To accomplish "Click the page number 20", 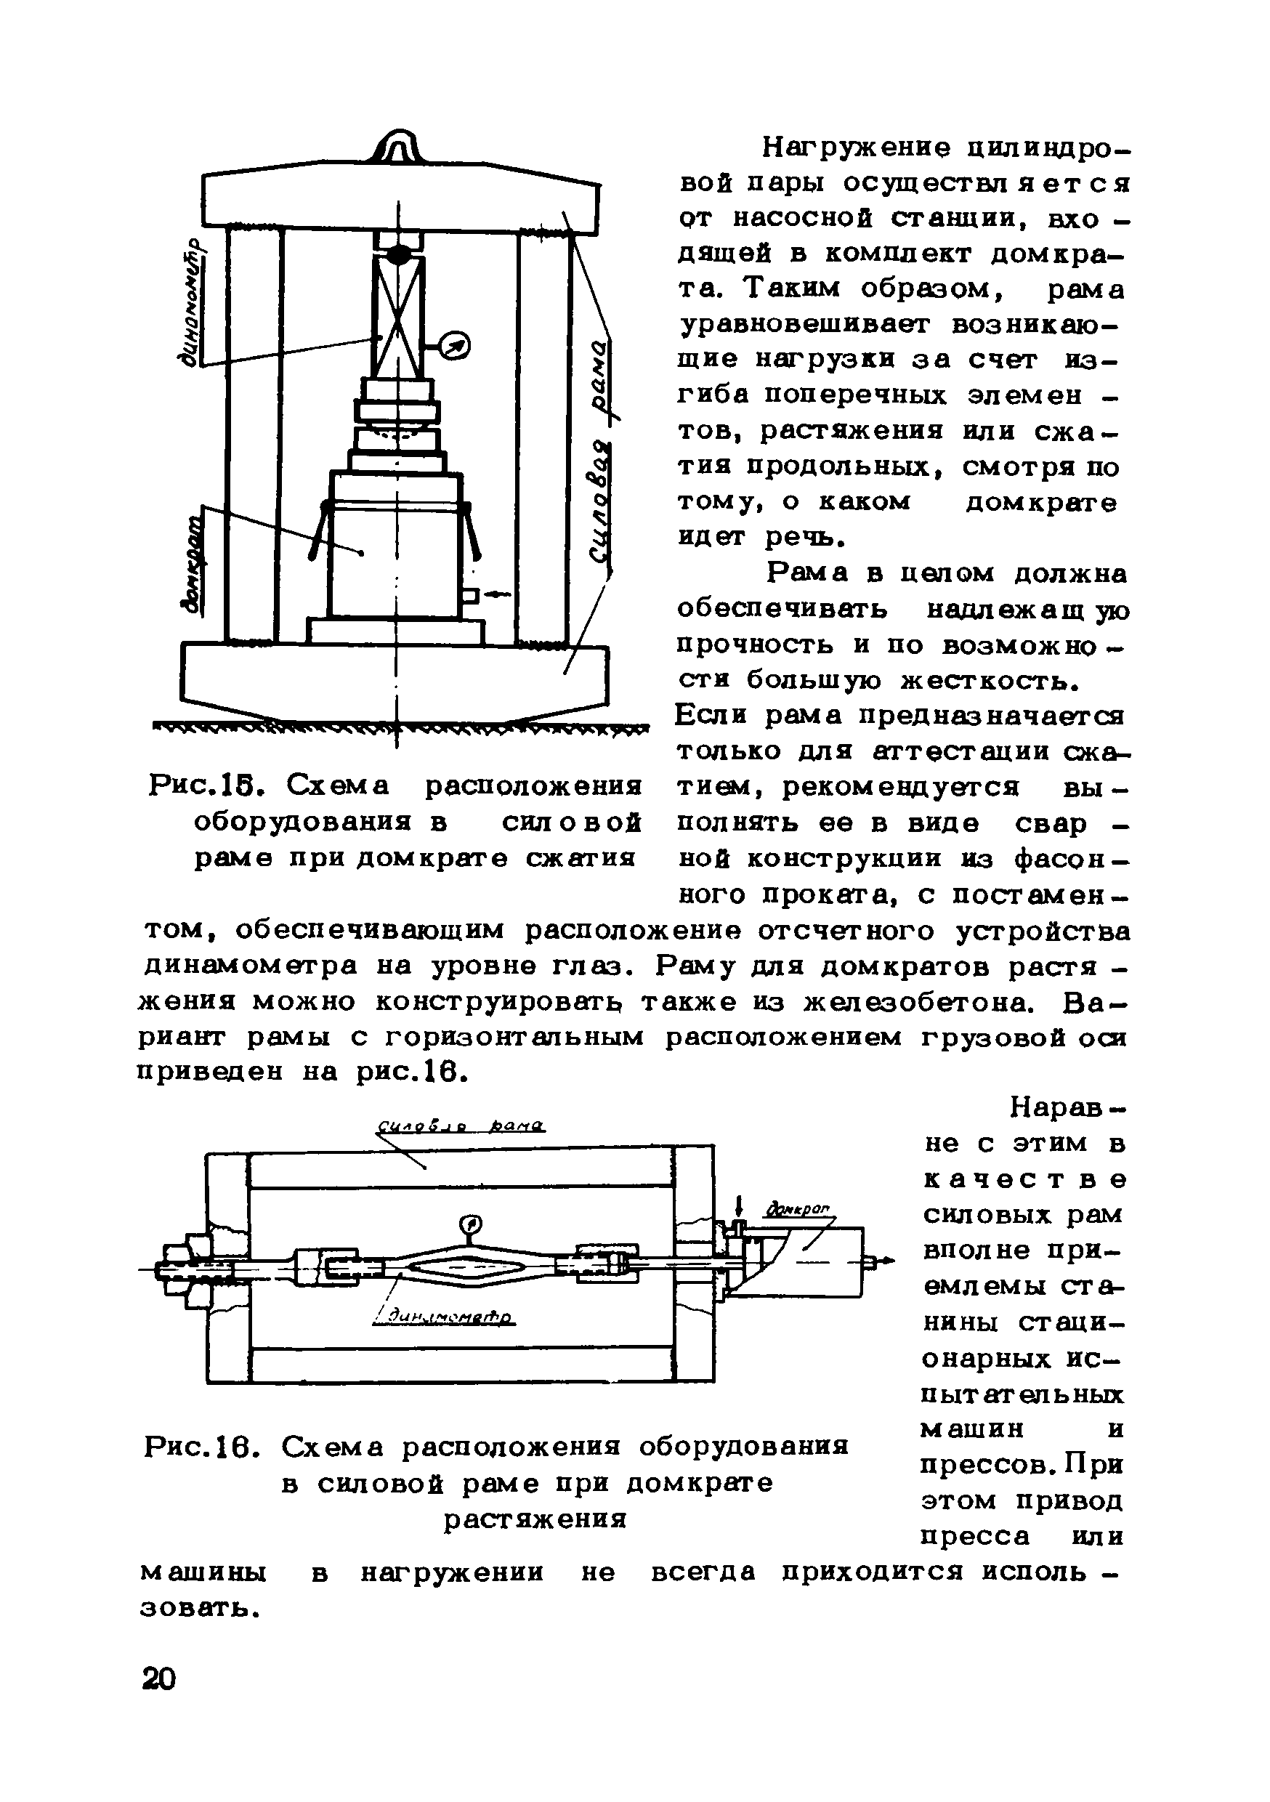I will coord(158,1678).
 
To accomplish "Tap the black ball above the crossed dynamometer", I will coord(398,254).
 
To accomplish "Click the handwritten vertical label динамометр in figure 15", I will coord(192,303).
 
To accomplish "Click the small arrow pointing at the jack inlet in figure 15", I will coord(496,595).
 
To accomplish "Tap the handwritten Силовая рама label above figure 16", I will coord(461,1127).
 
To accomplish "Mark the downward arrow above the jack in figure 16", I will coord(739,1205).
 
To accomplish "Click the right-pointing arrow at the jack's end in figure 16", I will coord(885,1261).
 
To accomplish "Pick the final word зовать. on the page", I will coord(199,1607).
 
